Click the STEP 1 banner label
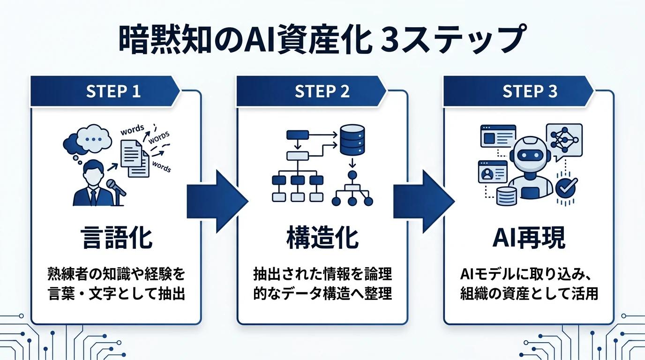(113, 91)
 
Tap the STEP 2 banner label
(322, 91)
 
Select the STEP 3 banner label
(530, 91)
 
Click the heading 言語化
(116, 238)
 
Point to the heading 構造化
(322, 238)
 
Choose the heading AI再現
(529, 238)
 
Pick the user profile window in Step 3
(492, 172)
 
